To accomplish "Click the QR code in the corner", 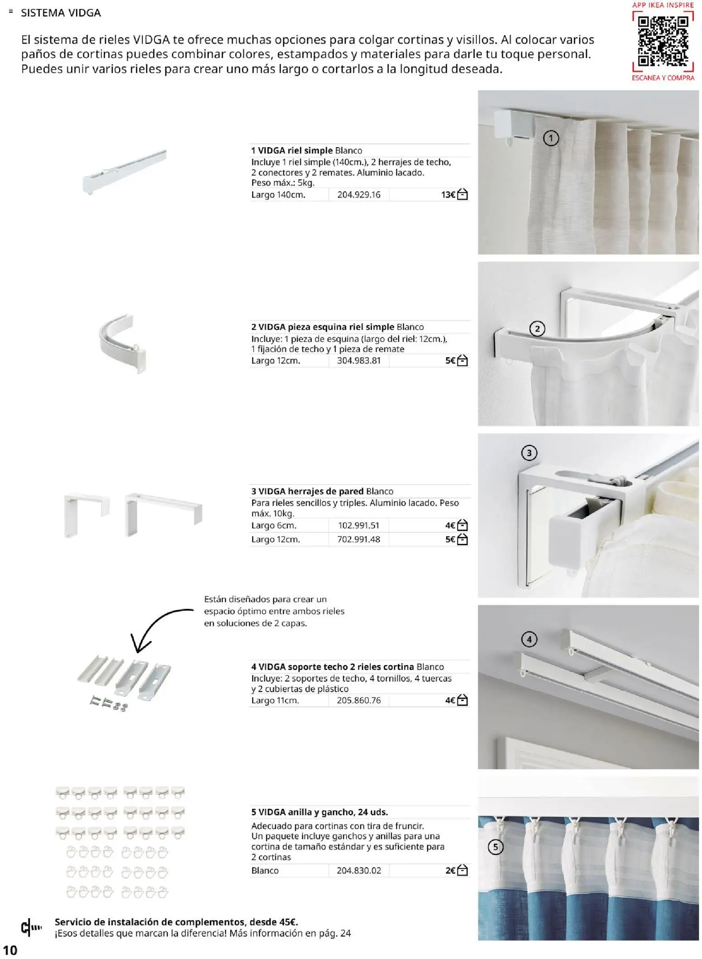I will (x=663, y=41).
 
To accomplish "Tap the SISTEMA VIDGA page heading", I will (x=61, y=13).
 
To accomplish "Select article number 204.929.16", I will (x=359, y=195).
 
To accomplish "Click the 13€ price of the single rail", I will (x=448, y=195).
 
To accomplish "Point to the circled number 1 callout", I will (x=551, y=138).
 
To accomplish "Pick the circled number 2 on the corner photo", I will (x=537, y=329).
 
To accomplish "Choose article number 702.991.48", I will (x=359, y=539).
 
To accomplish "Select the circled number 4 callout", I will (x=529, y=639).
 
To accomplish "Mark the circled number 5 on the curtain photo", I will (x=495, y=847).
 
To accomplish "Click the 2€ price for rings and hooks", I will (x=450, y=870).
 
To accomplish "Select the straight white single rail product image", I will (x=125, y=172).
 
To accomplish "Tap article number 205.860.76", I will (x=359, y=700).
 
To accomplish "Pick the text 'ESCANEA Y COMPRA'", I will (x=663, y=78).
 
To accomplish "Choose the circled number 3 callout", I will (x=529, y=453).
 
